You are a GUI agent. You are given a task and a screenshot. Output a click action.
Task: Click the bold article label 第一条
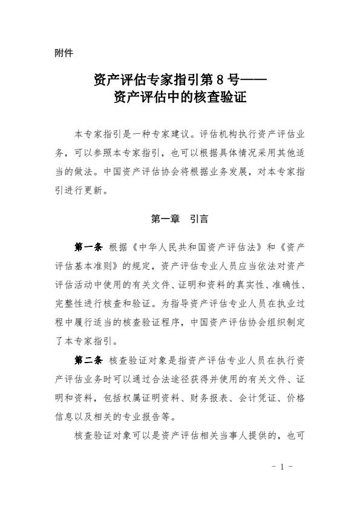[88, 247]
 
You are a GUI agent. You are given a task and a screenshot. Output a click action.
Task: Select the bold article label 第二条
[88, 360]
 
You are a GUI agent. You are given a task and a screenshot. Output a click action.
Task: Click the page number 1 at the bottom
[281, 467]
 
